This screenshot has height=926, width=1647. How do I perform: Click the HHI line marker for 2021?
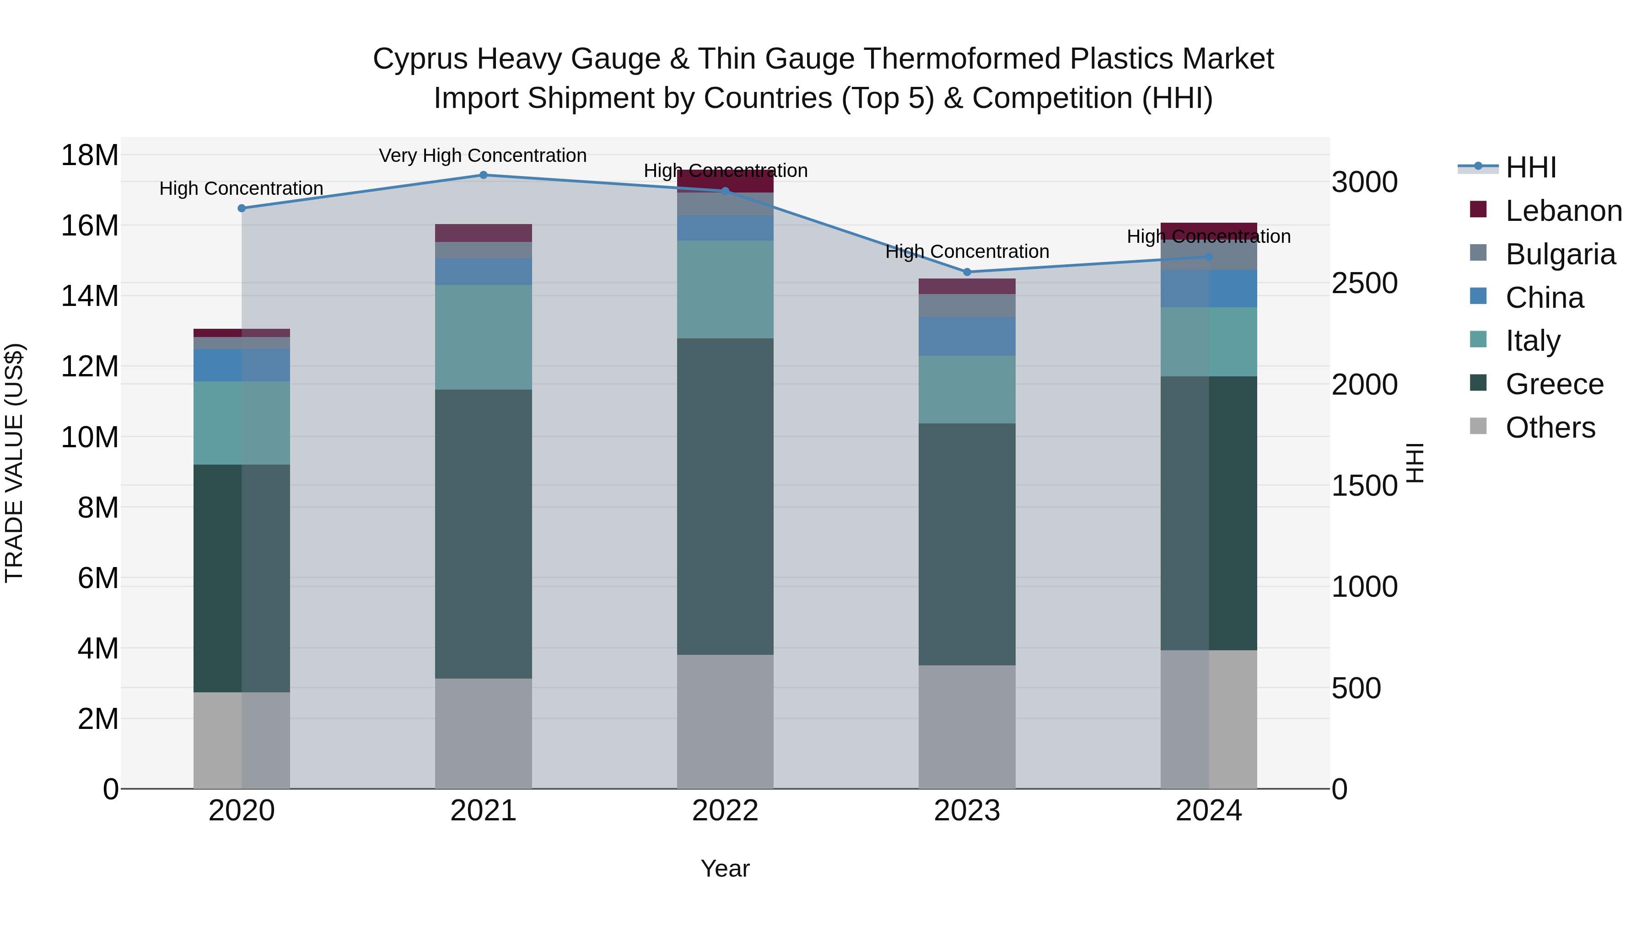pos(484,175)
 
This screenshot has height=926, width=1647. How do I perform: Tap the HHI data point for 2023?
pos(967,272)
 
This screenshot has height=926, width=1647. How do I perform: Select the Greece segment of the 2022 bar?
pos(725,497)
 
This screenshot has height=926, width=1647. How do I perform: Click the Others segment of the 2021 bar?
pos(484,733)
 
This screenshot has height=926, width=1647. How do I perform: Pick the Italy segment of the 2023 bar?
pos(967,390)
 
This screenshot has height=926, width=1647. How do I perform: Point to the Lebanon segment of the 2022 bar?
pos(725,181)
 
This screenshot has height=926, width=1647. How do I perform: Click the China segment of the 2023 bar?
pos(967,337)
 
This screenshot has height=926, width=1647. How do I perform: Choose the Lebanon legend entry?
pos(1563,211)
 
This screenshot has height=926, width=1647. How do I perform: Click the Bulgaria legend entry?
pos(1560,254)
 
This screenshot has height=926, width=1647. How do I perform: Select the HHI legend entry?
pos(1531,167)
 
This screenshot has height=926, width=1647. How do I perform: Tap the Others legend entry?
pos(1550,428)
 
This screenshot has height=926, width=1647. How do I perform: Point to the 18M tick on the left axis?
pos(90,155)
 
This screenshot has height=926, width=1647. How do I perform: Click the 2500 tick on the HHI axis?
pos(1364,283)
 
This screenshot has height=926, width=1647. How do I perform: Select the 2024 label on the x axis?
pos(1208,811)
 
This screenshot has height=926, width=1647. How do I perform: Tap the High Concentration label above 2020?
pos(241,188)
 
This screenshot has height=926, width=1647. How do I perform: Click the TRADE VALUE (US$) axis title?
pos(15,463)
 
